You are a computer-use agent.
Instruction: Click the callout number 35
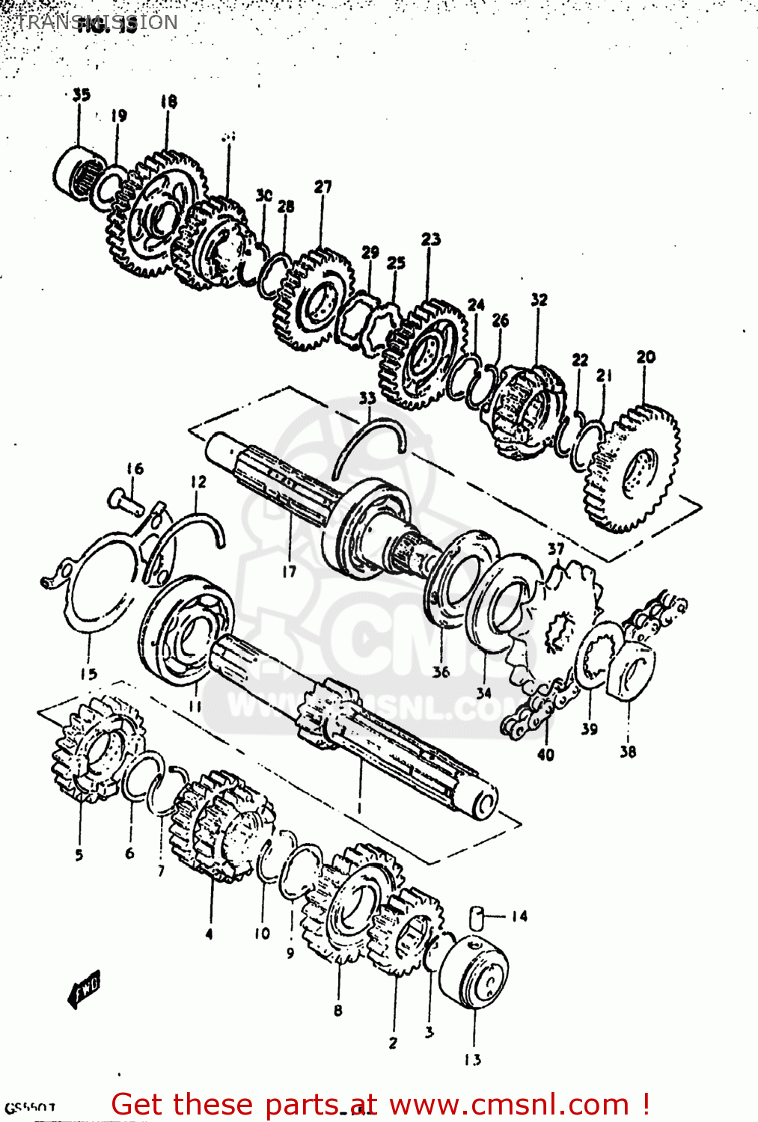coord(81,95)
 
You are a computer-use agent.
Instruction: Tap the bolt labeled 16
coord(125,500)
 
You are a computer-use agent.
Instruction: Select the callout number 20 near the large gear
coord(646,357)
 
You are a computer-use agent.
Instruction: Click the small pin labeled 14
coord(477,917)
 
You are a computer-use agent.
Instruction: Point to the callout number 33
coord(367,398)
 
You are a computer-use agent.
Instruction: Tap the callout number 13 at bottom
coord(472,1059)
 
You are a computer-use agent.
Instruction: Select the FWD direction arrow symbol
coord(85,991)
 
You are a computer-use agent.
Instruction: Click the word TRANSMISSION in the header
coord(97,22)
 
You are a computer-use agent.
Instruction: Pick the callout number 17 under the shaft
coord(289,571)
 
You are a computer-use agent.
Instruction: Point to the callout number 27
coord(323,187)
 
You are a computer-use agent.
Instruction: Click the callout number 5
coord(79,855)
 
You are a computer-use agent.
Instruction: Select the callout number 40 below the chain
coord(545,755)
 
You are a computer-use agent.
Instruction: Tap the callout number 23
coord(430,239)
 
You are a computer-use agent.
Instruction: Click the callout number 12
coord(198,482)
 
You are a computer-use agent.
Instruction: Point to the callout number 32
coord(539,300)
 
